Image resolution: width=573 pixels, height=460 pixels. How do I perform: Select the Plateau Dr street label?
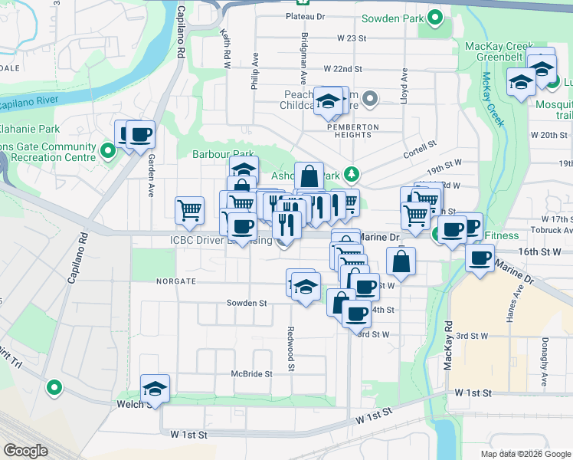[305, 15]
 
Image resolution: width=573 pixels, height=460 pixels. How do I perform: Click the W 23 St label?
[341, 38]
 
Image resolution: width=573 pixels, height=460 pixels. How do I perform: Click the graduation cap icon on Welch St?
[156, 389]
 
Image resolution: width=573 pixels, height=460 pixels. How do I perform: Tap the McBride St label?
[252, 374]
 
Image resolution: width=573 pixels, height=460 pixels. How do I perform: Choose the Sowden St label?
[246, 303]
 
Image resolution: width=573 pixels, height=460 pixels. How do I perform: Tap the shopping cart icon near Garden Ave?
[189, 209]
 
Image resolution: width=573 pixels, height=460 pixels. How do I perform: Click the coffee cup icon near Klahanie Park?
[141, 135]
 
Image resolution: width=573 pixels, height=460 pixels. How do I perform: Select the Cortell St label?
[421, 143]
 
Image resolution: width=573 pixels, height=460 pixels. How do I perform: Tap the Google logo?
[25, 451]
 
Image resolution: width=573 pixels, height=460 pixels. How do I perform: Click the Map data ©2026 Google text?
[525, 454]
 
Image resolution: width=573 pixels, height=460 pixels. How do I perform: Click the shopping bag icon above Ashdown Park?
[309, 176]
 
